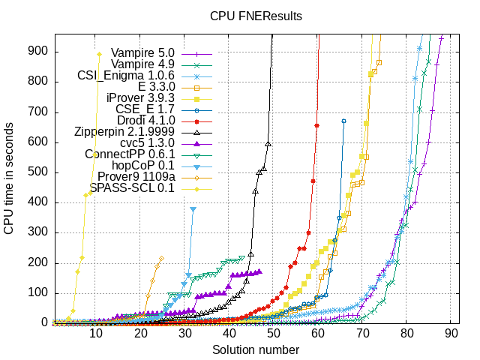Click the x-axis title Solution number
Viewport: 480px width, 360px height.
[x=256, y=349]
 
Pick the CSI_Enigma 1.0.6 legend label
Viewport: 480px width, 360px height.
[x=126, y=76]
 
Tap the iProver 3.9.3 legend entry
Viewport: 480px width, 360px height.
[x=140, y=98]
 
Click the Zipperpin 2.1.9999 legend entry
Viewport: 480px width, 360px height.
[x=124, y=132]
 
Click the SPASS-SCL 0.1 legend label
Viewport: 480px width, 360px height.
[x=132, y=187]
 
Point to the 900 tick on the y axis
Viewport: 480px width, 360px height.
[x=39, y=51]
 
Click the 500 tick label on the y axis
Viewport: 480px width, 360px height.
[x=39, y=172]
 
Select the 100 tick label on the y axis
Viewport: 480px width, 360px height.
[x=39, y=292]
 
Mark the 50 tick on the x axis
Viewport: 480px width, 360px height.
[x=274, y=335]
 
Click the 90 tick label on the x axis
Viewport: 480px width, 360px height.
[x=451, y=335]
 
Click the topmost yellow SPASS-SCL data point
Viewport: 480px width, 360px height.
[x=99, y=54]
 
